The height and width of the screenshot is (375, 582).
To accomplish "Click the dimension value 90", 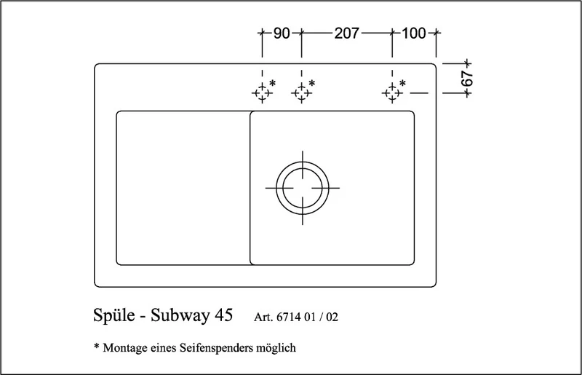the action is (282, 33).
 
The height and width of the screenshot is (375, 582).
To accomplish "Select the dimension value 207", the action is (347, 33).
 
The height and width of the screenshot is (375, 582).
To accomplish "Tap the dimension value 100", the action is (414, 33).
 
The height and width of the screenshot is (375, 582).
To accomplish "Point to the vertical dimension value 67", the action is (467, 79).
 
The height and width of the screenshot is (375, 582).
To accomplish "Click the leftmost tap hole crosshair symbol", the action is (262, 92).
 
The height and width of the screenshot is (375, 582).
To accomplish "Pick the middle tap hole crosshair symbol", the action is (301, 92).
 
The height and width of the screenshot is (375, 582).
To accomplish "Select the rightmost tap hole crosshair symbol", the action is (392, 92).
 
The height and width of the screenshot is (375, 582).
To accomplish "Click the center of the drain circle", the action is (303, 188).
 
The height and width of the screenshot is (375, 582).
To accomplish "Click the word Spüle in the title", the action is (114, 315).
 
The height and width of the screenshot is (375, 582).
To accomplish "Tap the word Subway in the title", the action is (180, 316).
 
